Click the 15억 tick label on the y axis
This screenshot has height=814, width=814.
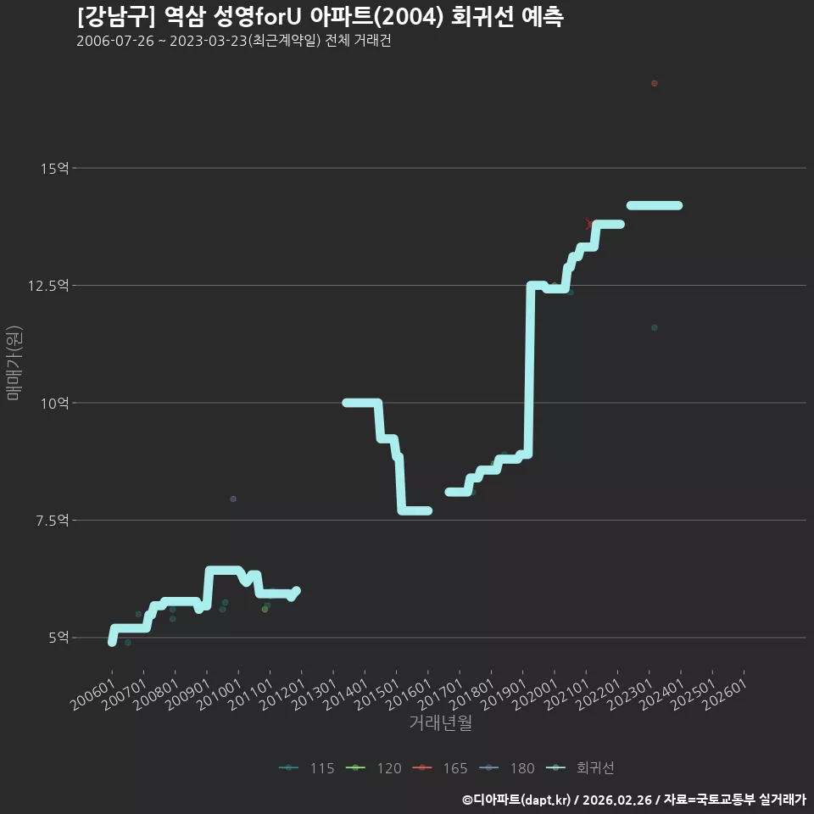[54, 168]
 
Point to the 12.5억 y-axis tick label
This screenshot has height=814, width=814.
[48, 286]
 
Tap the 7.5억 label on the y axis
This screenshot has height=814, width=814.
[52, 520]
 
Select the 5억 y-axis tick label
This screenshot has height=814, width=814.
[59, 638]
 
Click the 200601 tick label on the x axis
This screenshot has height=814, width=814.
[93, 694]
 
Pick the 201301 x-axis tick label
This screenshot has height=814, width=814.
[315, 694]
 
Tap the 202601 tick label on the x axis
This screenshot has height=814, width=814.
[726, 694]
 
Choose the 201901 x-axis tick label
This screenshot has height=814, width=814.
[504, 694]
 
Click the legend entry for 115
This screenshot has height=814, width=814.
[307, 768]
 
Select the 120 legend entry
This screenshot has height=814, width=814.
[374, 768]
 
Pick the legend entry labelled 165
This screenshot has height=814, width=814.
[440, 768]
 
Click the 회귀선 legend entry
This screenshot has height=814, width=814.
[580, 768]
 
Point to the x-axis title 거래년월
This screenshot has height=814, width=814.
[441, 722]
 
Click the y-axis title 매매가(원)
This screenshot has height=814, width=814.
[14, 363]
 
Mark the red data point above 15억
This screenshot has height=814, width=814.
[654, 84]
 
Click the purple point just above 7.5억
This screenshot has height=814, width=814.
[233, 499]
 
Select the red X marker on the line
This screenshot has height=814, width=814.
[588, 224]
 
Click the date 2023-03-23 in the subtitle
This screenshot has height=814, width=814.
[209, 41]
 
